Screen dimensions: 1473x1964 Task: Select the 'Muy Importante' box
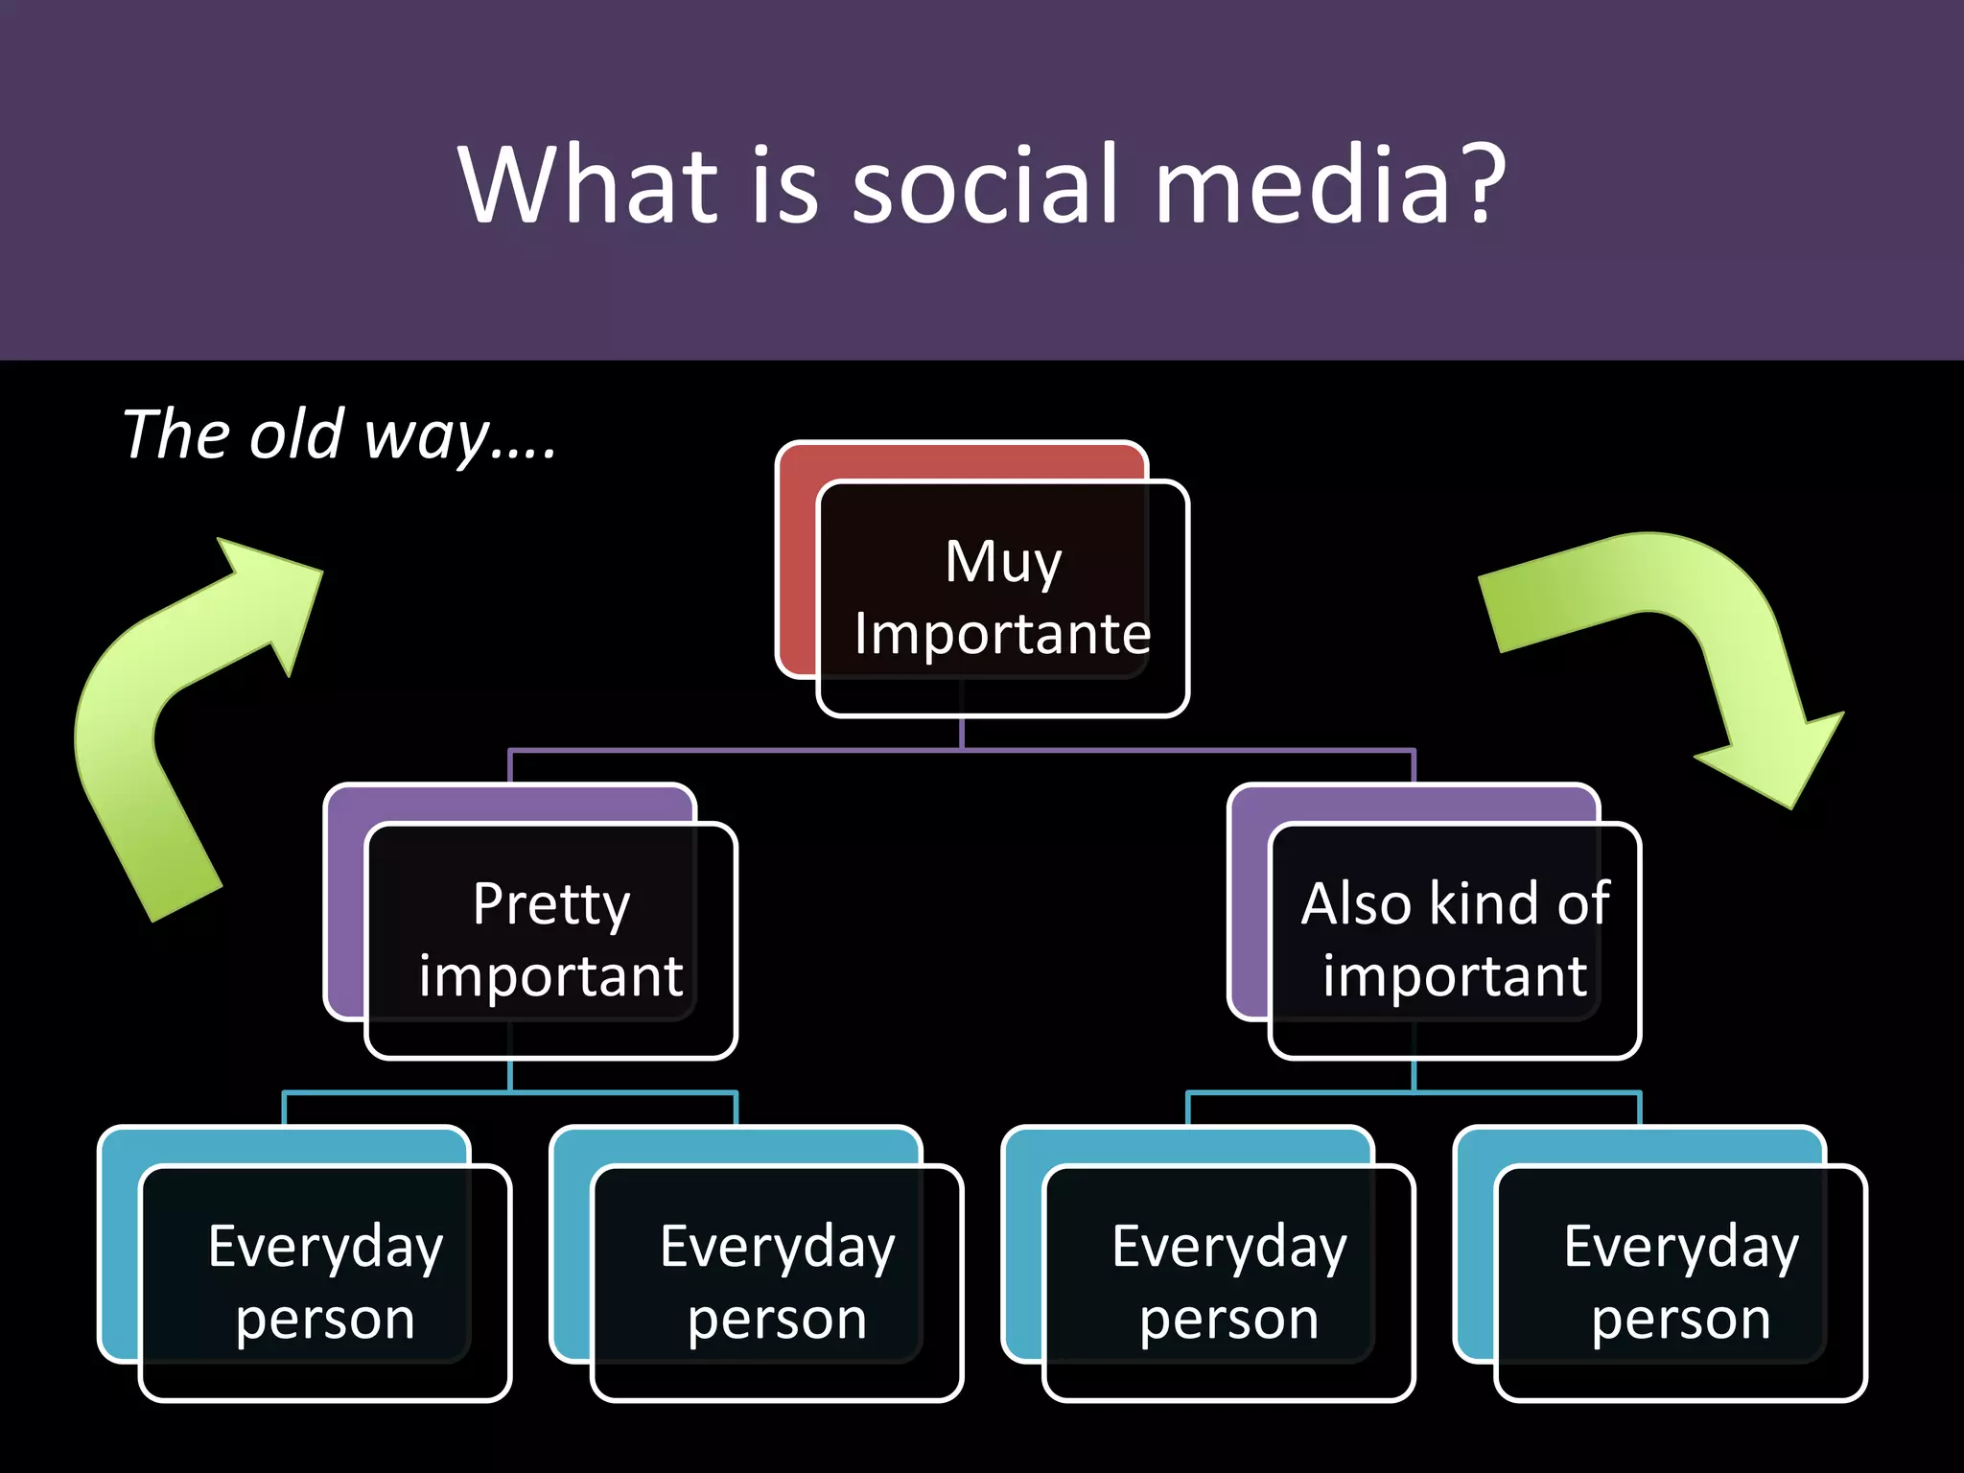pyautogui.click(x=1002, y=597)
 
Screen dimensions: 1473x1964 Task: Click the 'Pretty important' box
pyautogui.click(x=550, y=940)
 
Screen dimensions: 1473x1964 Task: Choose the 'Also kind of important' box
pyautogui.click(x=1455, y=940)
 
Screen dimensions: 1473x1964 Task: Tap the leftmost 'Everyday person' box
pyautogui.click(x=325, y=1282)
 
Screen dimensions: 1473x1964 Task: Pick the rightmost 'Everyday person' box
pyautogui.click(x=1680, y=1282)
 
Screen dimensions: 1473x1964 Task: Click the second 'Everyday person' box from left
pyautogui.click(x=777, y=1282)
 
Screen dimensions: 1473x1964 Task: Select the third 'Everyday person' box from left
pyautogui.click(x=1228, y=1282)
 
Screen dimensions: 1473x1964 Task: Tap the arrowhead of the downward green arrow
pyautogui.click(x=1774, y=758)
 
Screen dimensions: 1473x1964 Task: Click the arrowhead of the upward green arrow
pyautogui.click(x=273, y=595)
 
